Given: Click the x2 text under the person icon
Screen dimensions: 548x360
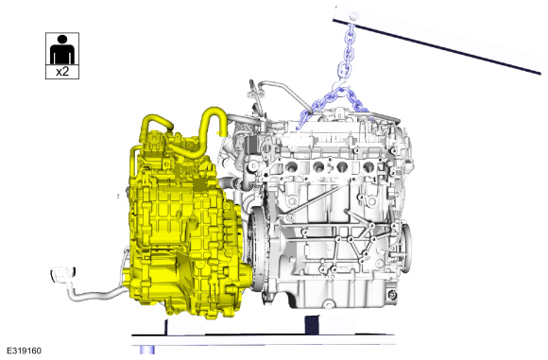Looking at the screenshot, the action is (x=62, y=72).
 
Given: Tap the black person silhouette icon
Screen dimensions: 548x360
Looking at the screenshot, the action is (x=62, y=49).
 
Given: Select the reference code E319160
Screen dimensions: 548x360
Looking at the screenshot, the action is (x=25, y=351).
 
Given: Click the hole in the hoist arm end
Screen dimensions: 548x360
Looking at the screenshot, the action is (x=353, y=16).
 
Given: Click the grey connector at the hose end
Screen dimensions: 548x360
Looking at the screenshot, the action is (x=63, y=274).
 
